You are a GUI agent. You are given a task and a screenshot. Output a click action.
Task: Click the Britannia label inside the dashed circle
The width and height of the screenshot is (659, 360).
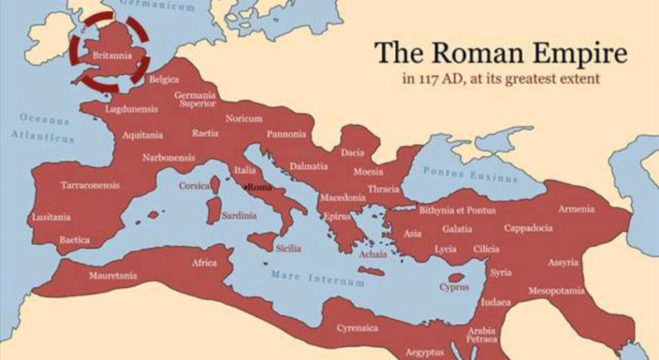(x=112, y=56)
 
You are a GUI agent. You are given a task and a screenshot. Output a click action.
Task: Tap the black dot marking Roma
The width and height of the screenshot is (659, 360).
(x=246, y=187)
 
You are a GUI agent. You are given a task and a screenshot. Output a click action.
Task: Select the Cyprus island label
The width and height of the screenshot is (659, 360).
(x=455, y=287)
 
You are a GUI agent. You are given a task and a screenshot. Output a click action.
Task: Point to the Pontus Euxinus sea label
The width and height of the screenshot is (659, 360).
(x=470, y=175)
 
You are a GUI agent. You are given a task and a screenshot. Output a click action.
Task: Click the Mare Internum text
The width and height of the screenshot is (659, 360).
(x=318, y=279)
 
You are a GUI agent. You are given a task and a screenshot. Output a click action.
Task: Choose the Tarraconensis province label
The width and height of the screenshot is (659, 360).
(x=90, y=185)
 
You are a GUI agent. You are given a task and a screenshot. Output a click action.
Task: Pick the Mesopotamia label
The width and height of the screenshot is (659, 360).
(x=556, y=290)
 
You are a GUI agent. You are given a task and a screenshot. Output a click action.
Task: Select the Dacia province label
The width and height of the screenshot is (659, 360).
(x=353, y=153)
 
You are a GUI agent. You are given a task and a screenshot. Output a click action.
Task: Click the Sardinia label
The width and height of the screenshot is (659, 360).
(x=239, y=215)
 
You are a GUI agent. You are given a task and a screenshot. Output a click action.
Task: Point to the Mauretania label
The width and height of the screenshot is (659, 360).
(x=113, y=275)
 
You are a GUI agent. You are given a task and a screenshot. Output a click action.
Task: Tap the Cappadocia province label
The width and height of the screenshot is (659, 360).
(x=528, y=228)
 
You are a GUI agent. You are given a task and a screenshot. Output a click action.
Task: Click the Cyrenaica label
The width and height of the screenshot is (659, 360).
(x=358, y=328)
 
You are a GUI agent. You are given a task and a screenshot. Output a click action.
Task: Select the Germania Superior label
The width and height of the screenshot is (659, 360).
(x=195, y=99)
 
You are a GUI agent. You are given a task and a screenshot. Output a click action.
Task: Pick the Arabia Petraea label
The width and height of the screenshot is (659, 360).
(x=481, y=335)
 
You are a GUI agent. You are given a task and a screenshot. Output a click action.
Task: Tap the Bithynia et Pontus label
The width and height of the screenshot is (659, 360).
(x=457, y=211)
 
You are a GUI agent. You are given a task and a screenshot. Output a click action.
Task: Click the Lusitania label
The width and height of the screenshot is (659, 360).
(x=51, y=217)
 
